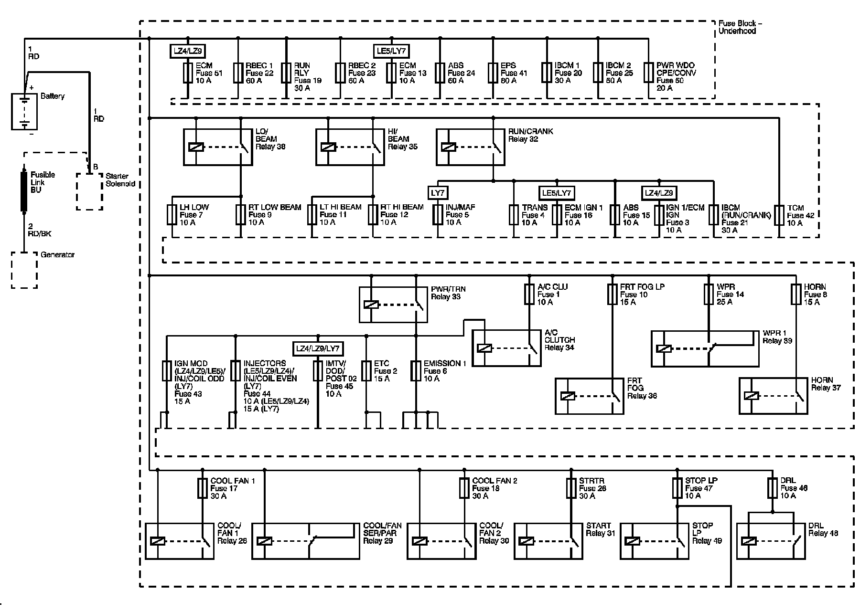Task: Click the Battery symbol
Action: point(24,112)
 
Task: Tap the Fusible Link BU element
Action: point(23,191)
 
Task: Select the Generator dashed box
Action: point(24,270)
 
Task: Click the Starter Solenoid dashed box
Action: point(89,191)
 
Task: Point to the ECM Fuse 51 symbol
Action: point(188,73)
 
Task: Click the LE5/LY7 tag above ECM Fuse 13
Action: point(391,51)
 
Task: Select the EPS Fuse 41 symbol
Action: point(493,73)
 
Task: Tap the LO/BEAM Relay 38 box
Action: point(218,147)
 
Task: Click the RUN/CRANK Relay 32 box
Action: point(470,147)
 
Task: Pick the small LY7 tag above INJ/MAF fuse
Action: point(438,193)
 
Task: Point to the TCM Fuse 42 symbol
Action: point(779,215)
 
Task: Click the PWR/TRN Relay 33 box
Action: point(393,305)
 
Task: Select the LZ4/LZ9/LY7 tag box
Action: point(318,348)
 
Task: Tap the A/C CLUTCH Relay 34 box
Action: point(506,348)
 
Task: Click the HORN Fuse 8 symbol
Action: point(796,294)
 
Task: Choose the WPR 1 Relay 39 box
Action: point(705,348)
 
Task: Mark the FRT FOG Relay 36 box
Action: point(589,396)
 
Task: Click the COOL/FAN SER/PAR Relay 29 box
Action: point(306,541)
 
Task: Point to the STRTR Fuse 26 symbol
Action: point(571,488)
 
